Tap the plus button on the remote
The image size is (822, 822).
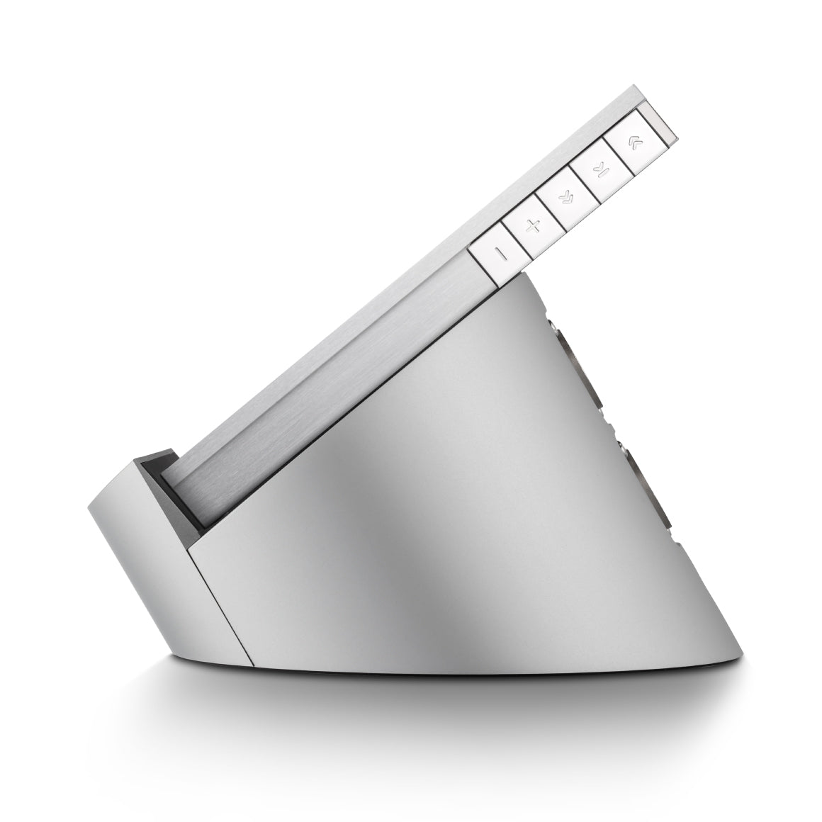tap(534, 227)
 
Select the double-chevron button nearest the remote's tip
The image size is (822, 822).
tap(633, 142)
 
